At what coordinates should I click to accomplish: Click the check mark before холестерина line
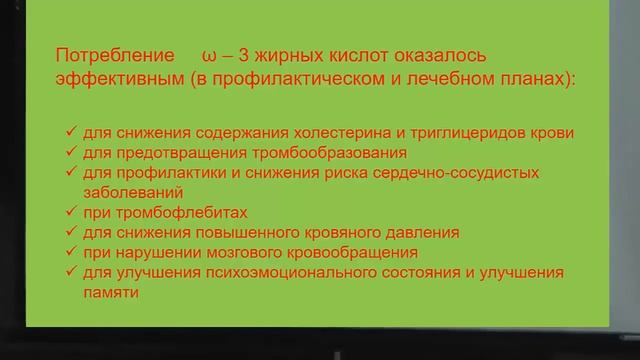coord(71,133)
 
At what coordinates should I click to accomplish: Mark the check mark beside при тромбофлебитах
coord(71,212)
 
